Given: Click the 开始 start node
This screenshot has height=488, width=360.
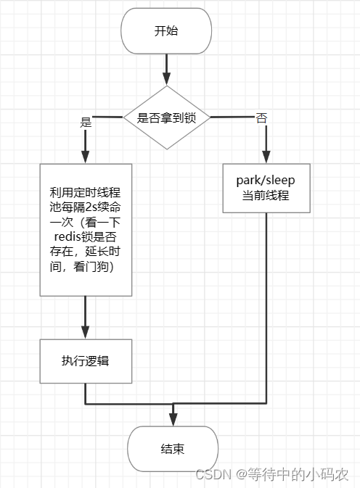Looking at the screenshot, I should [166, 31].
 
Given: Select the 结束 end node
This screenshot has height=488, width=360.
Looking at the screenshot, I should [172, 449].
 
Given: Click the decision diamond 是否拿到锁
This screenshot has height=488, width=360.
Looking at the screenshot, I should [167, 117].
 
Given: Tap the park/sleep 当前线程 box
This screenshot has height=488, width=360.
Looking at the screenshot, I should [266, 189].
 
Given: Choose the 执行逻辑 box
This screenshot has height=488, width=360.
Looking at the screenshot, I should [86, 360].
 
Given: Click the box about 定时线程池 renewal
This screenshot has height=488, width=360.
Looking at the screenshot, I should [86, 229].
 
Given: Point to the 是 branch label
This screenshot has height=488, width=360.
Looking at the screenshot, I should [86, 122].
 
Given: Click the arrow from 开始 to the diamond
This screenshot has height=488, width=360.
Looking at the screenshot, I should [167, 69].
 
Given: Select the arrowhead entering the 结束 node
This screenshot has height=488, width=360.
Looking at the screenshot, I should [173, 420].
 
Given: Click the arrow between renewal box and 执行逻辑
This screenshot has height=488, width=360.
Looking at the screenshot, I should [86, 316].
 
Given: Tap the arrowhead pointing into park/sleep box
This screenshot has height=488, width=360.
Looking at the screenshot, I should [266, 158].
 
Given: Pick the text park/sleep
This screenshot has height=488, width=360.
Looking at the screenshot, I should [266, 181].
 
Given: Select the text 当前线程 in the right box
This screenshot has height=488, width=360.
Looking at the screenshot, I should [266, 197].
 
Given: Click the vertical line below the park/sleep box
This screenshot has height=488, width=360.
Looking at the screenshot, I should [266, 305].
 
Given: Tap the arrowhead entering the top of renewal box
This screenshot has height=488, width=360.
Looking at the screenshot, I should [86, 157].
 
